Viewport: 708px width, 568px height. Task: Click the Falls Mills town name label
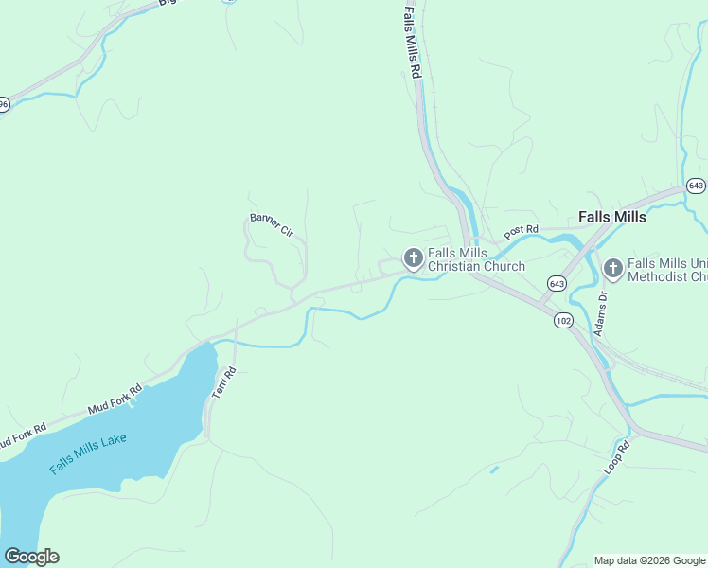[611, 217]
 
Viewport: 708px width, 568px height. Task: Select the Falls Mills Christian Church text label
[475, 259]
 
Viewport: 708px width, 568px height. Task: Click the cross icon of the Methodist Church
[611, 270]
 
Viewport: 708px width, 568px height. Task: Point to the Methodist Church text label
[666, 270]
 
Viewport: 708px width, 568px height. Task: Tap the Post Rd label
[521, 231]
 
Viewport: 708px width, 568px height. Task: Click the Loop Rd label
[616, 458]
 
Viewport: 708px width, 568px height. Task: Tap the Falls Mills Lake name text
[88, 453]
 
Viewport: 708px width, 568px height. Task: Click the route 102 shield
[563, 321]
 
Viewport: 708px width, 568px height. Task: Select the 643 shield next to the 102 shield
[556, 283]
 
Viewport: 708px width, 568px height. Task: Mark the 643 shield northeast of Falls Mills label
[696, 186]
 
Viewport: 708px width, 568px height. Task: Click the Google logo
[31, 556]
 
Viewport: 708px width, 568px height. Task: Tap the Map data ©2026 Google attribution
[649, 560]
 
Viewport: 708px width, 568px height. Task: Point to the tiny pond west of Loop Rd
[494, 469]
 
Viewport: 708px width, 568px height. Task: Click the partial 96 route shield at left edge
[4, 104]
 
